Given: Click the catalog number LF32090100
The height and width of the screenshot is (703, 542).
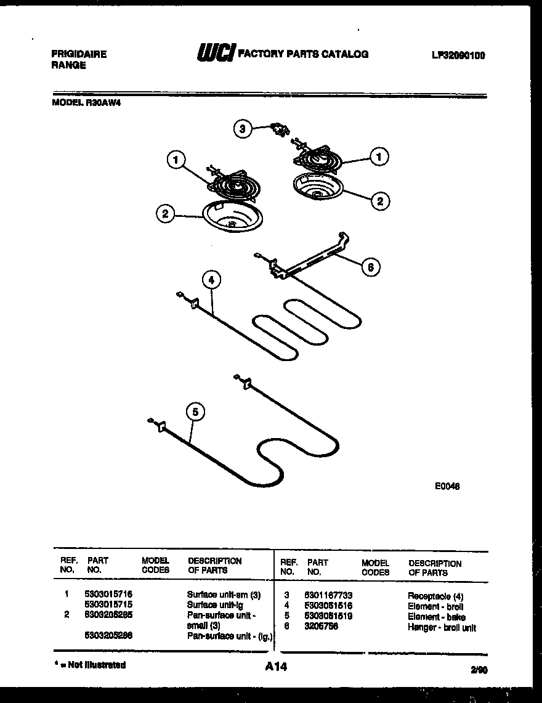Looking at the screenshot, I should point(458,55).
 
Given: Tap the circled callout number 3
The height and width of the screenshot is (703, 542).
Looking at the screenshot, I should point(243,129).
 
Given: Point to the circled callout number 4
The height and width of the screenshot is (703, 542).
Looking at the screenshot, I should point(211,280).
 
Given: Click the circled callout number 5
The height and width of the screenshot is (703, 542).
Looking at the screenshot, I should point(195,412).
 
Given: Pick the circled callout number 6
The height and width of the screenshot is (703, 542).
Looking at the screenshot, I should point(371,267).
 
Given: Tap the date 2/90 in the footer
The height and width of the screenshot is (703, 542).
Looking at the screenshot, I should point(477,668).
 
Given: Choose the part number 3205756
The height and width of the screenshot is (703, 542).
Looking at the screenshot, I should point(320,627).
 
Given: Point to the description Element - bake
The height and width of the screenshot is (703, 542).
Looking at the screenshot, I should point(436,617).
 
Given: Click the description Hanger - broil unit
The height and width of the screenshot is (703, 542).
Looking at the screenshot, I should point(442,627).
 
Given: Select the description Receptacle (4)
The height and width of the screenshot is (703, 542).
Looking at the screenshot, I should point(435,596).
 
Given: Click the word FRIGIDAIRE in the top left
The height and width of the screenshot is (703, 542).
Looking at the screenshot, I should point(79,54).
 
